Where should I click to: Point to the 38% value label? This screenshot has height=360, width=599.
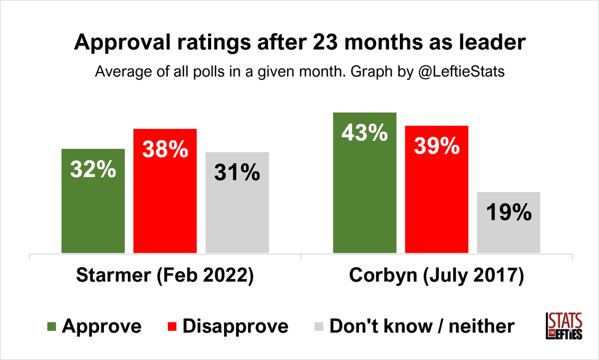(165, 149)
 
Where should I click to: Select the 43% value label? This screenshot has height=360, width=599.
(364, 133)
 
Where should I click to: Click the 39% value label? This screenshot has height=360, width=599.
(437, 146)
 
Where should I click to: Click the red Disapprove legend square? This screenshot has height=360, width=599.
(171, 327)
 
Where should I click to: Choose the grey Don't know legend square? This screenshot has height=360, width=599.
(319, 327)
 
